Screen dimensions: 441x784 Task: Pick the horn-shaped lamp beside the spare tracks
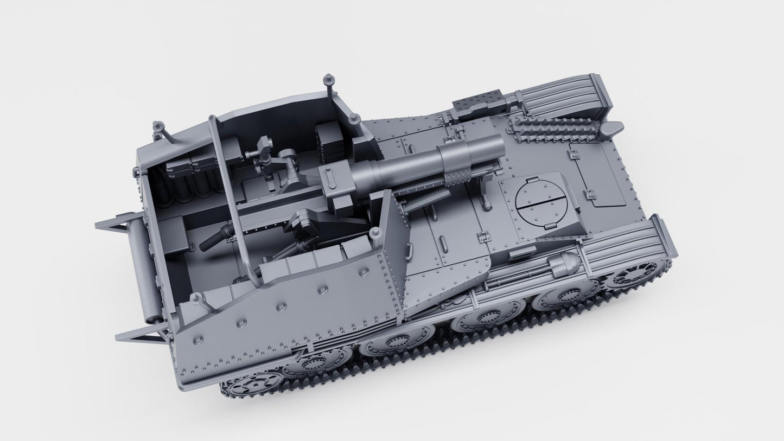pyautogui.click(x=611, y=129)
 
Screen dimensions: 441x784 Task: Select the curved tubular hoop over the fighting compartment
pyautogui.click(x=228, y=195)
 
